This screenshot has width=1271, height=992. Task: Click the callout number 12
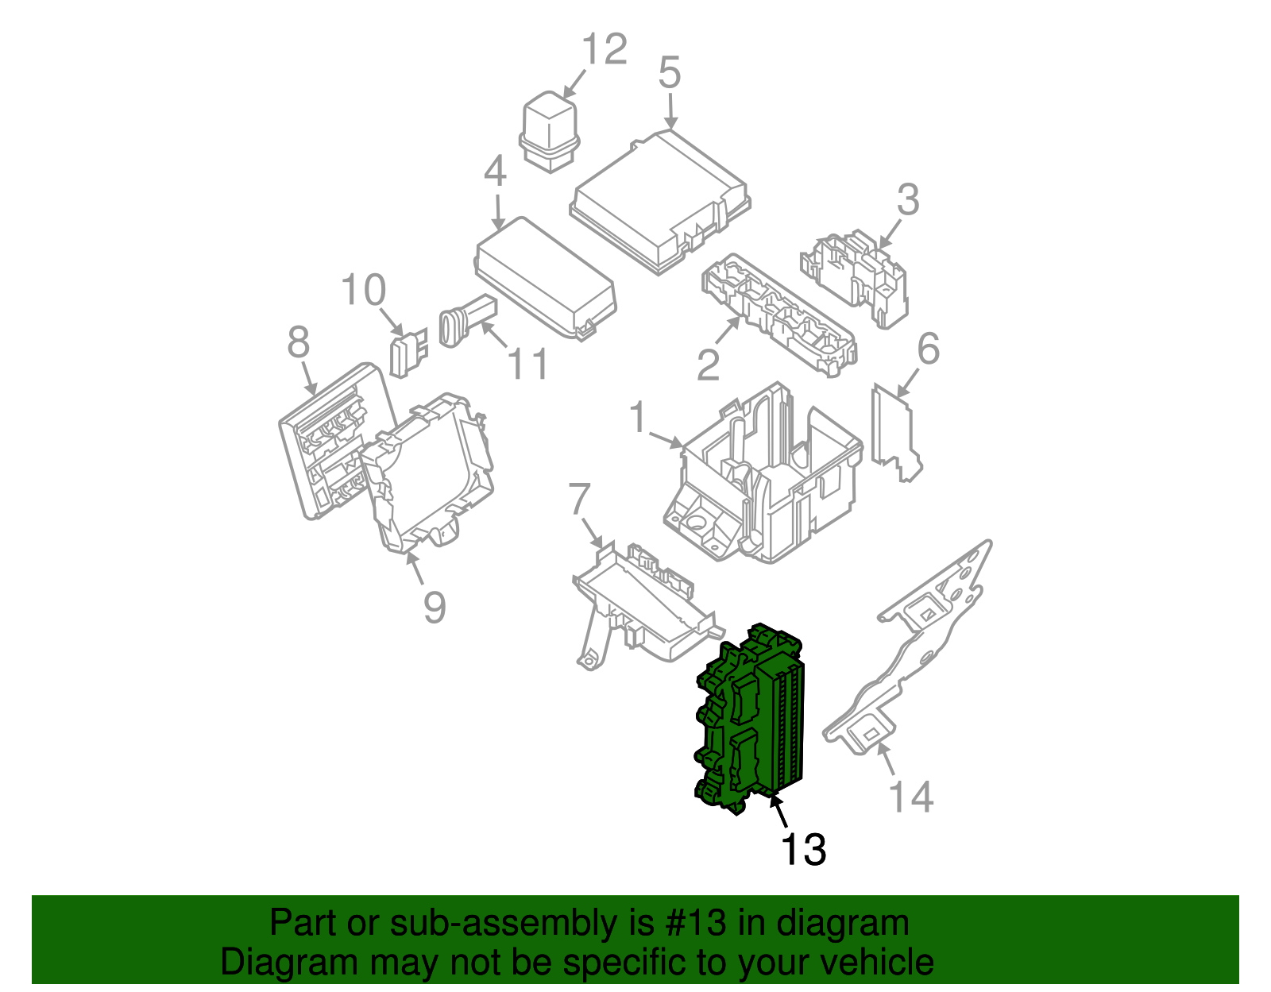point(605,49)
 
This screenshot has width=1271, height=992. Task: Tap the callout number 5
point(670,73)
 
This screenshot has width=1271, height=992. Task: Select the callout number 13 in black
point(803,849)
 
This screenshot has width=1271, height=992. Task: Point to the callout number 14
point(910,797)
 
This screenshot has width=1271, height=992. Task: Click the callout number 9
point(434,608)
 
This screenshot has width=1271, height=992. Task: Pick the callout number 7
point(579,500)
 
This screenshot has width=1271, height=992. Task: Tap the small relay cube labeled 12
point(547,131)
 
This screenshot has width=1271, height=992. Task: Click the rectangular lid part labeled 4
point(544,278)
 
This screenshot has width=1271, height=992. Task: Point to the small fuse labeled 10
point(407,353)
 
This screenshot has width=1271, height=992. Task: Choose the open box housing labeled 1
point(767,477)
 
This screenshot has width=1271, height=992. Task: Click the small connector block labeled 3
point(858,274)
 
